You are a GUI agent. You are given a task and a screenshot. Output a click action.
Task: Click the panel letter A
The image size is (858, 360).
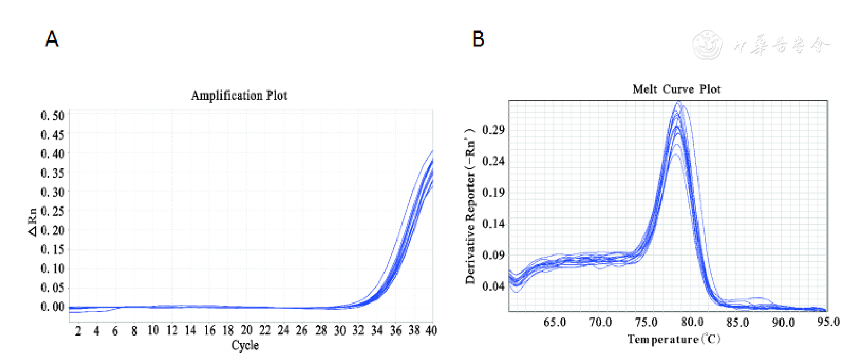(52, 39)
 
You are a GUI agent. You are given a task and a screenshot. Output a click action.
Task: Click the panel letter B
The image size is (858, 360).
(478, 39)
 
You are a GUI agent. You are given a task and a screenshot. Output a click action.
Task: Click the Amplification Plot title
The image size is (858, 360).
(239, 95)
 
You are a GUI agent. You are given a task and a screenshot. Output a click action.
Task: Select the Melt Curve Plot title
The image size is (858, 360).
(676, 90)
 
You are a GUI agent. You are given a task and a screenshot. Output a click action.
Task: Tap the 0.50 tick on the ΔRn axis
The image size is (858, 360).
(52, 116)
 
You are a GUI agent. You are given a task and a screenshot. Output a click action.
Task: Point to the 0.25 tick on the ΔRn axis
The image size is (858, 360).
(52, 211)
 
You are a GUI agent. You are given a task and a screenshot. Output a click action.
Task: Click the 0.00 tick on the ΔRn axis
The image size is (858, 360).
(52, 307)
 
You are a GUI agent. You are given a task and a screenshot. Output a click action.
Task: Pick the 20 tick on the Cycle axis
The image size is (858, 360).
(246, 330)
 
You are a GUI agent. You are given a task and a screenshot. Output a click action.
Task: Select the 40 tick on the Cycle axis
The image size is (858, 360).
(431, 330)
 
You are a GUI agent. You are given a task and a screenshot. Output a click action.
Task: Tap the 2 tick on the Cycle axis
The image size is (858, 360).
(78, 331)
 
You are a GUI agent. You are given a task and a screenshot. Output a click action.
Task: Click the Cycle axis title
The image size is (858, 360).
(245, 345)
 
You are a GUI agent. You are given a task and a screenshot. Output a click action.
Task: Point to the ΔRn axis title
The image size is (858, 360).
(32, 222)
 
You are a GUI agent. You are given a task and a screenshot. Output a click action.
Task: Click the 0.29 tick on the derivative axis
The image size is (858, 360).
(493, 130)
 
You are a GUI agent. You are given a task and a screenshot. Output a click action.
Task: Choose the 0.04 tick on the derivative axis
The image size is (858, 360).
(493, 286)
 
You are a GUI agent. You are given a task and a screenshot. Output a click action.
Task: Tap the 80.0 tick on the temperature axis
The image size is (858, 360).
(692, 322)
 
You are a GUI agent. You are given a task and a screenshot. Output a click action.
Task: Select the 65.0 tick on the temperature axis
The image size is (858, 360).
(554, 322)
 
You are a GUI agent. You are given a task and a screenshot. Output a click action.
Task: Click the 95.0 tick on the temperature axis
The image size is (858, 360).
(828, 322)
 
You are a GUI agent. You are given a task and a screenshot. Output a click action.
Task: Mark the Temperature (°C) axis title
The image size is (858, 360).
(674, 339)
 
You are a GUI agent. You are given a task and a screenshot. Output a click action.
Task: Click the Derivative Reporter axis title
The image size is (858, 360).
(470, 206)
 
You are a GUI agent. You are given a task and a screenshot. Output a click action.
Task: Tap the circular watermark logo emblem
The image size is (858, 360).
(707, 45)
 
